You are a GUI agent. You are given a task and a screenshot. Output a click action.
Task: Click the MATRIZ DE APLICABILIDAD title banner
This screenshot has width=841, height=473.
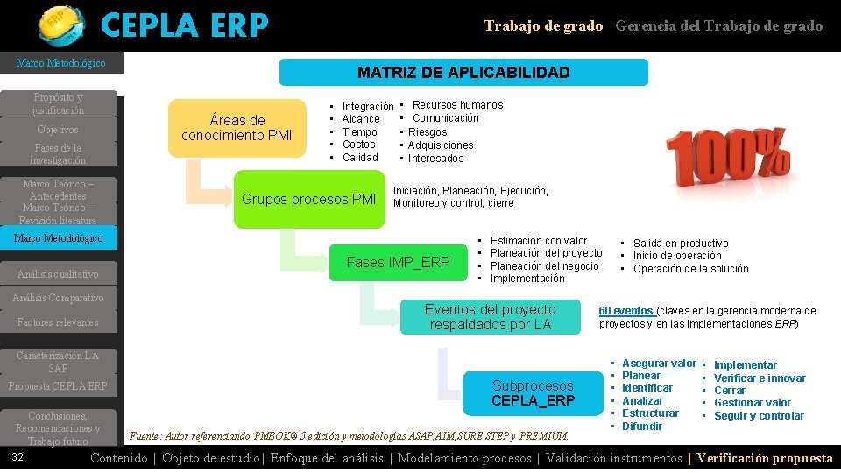point(463,73)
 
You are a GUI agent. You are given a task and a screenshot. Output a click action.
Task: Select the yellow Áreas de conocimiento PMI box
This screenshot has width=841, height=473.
point(236,128)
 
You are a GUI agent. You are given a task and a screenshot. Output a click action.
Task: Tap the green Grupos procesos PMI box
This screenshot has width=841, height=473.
point(308,199)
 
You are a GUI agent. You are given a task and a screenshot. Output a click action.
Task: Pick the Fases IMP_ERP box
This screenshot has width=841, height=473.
point(398,262)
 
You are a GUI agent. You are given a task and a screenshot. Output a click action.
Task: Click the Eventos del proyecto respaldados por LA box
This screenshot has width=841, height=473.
point(490,317)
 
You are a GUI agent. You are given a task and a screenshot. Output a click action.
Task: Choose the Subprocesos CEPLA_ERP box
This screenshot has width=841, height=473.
point(533,393)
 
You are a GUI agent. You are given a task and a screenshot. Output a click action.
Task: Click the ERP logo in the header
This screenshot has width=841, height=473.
point(60,24)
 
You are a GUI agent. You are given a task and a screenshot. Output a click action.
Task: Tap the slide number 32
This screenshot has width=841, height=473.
point(18,458)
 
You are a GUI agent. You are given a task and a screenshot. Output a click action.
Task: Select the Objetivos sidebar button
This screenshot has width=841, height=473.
point(59,130)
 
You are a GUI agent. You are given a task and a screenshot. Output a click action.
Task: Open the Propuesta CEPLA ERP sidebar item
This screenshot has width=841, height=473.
point(58,386)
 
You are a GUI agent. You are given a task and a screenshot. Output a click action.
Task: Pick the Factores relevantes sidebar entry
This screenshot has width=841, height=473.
point(58,322)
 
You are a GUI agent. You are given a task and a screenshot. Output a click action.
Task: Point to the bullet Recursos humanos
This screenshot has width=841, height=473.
point(457,105)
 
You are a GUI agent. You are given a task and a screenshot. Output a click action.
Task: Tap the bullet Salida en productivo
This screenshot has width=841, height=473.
point(681,244)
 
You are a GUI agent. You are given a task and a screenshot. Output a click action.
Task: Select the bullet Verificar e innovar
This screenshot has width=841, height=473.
point(760,378)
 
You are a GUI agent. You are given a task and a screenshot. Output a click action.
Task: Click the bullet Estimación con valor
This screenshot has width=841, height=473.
point(539,241)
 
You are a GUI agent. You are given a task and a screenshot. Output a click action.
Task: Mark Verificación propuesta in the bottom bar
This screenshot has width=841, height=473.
point(765,458)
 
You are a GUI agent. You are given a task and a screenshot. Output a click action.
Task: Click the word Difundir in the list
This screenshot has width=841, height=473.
point(642,427)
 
